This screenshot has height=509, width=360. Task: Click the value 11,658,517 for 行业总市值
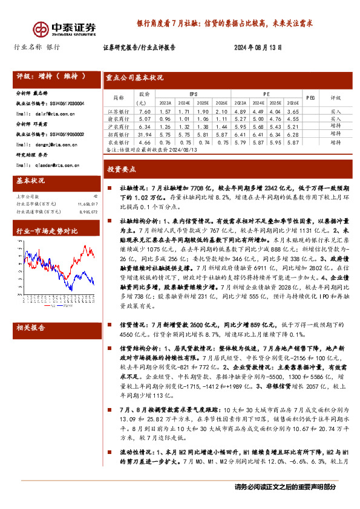pos(87,204)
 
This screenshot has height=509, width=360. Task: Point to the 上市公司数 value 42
pos(95,196)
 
